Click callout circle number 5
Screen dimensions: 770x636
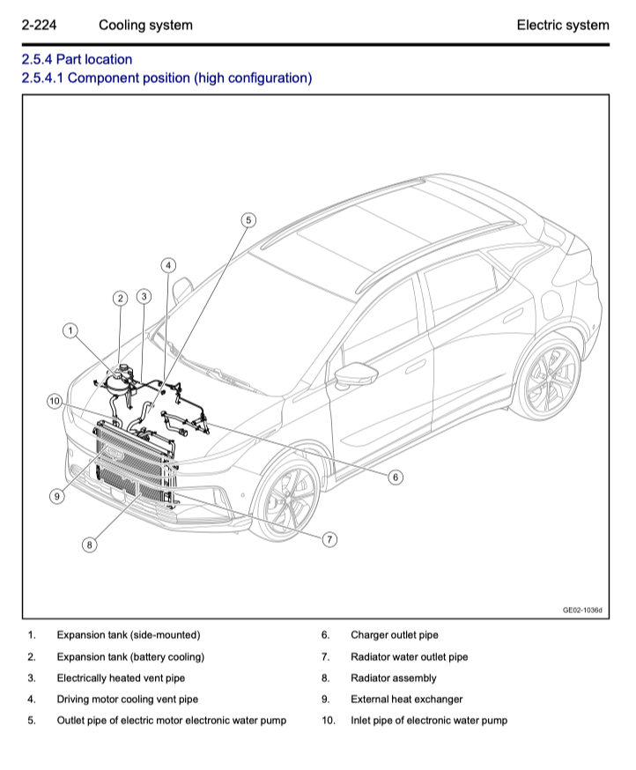point(248,220)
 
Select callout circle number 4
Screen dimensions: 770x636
point(168,265)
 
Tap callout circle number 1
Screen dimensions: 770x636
point(70,330)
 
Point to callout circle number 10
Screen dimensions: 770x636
point(55,402)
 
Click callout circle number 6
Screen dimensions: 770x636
point(396,477)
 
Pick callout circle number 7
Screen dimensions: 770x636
point(329,539)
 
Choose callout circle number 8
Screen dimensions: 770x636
point(89,545)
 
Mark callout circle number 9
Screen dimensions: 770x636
point(56,497)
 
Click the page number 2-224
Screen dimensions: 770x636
point(39,25)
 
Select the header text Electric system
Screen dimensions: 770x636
point(562,25)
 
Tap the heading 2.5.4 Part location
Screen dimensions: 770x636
point(77,60)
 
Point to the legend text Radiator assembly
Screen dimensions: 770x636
point(393,678)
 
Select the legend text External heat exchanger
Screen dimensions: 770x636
point(406,700)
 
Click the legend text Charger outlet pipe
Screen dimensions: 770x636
point(394,635)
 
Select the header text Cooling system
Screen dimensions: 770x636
point(145,25)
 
